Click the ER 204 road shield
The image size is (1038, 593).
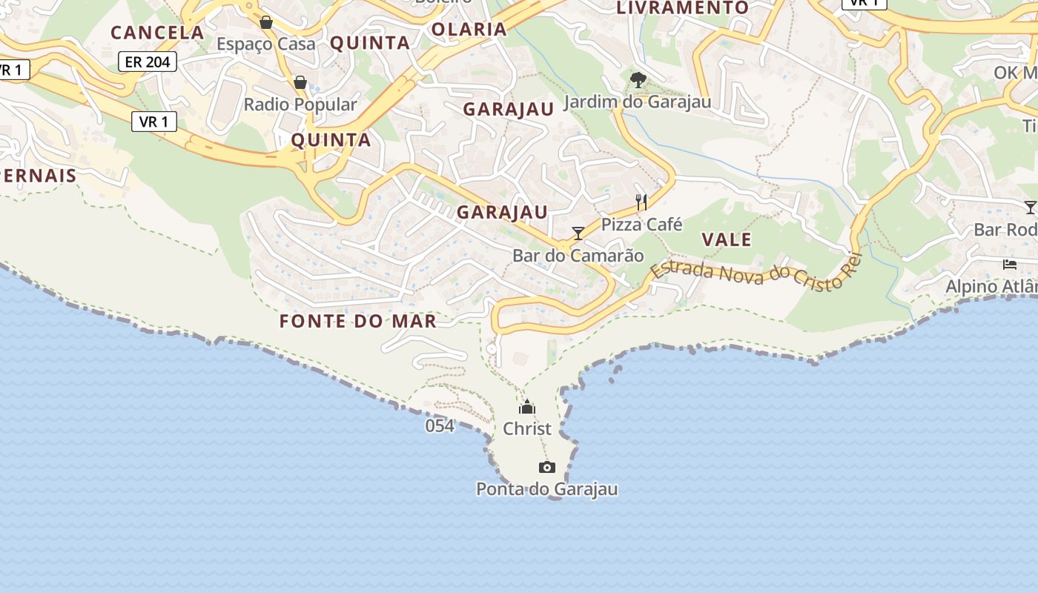tap(148, 62)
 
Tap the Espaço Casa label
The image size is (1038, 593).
tap(265, 44)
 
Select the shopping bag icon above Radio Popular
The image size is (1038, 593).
tap(300, 82)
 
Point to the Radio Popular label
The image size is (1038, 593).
tap(300, 105)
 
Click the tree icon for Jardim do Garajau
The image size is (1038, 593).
tap(638, 79)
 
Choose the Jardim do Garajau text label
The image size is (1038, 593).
tap(638, 102)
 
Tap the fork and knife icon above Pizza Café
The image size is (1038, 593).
tap(641, 202)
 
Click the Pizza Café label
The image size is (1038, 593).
tap(641, 224)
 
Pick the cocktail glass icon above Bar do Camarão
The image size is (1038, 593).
tap(578, 233)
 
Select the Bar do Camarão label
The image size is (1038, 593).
tap(578, 256)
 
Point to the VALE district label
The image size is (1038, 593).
tap(727, 239)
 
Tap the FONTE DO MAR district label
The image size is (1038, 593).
tap(357, 321)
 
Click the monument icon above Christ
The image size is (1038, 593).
tap(527, 407)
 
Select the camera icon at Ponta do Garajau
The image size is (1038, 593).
tap(547, 467)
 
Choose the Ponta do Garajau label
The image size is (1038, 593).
tap(547, 489)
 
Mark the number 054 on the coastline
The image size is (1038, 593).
tap(440, 425)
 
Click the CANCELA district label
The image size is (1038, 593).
tap(157, 32)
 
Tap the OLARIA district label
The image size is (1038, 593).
tap(469, 29)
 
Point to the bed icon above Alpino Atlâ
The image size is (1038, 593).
tap(1009, 264)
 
